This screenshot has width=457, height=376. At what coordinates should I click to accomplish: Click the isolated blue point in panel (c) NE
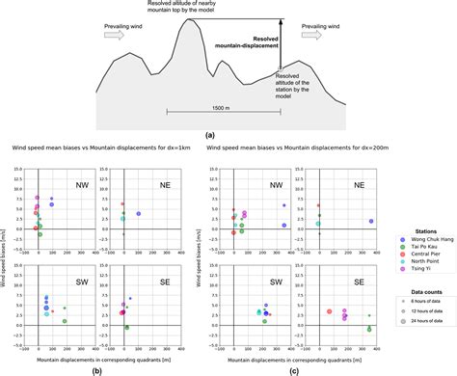(370, 221)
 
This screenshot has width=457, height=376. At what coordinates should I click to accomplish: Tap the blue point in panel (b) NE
(139, 213)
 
